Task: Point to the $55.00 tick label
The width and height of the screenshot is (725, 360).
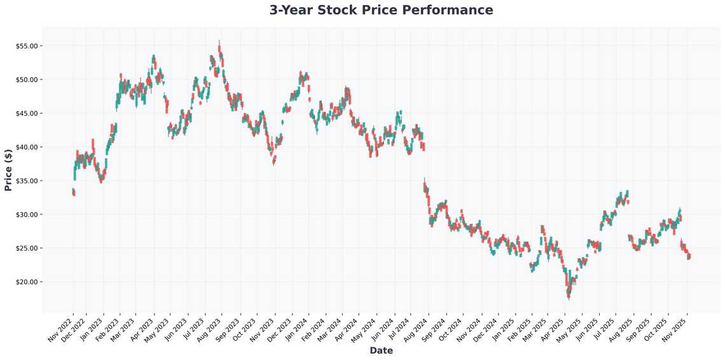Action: tap(25, 46)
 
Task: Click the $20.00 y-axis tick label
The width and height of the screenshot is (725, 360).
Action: tap(25, 282)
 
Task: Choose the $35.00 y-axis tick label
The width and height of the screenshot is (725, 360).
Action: tap(25, 181)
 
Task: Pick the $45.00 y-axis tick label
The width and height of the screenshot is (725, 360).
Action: tap(25, 113)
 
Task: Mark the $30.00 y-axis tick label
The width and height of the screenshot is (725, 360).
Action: tap(25, 214)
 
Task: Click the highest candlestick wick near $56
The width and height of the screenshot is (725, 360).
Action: tap(219, 41)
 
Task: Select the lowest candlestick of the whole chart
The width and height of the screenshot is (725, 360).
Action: tap(569, 294)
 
